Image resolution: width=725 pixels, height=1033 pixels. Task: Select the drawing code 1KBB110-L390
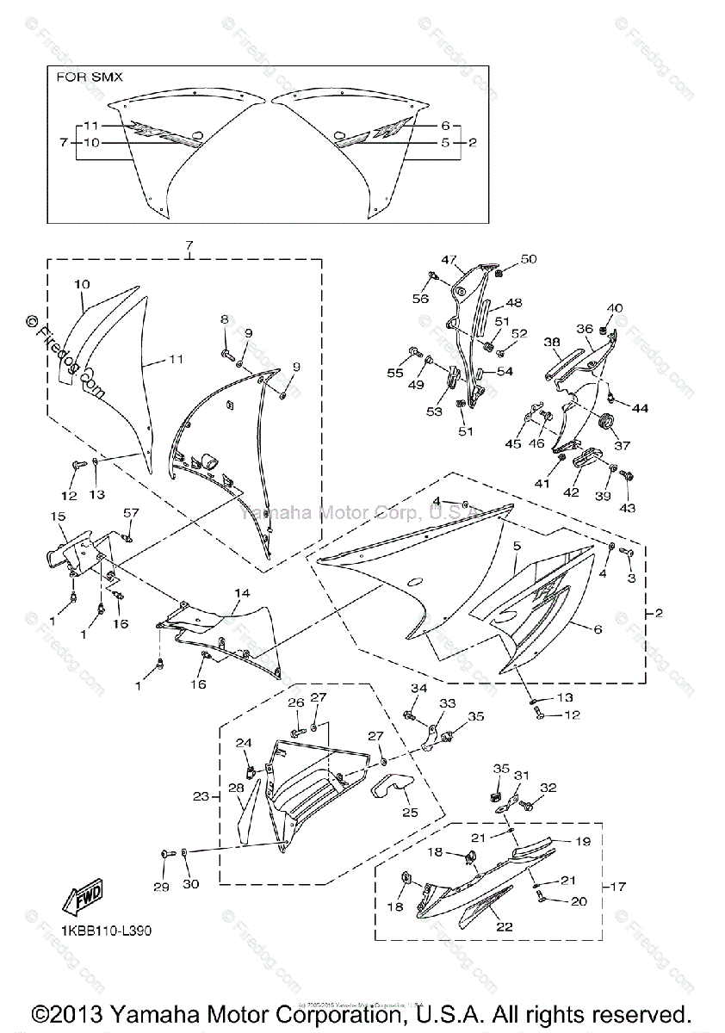pos(102,931)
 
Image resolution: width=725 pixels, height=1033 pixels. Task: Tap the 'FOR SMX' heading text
pos(90,77)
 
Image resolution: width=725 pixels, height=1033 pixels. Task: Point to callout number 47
pos(448,259)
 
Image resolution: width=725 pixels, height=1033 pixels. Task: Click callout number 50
pos(528,259)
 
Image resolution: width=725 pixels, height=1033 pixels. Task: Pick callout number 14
pos(243,594)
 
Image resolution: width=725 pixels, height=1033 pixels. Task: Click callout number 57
pos(130,513)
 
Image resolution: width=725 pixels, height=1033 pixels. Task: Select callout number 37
pos(622,446)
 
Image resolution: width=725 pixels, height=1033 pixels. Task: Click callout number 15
pos(59,516)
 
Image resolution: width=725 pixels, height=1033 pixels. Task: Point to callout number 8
pos(225,319)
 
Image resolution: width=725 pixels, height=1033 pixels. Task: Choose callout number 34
pos(418,688)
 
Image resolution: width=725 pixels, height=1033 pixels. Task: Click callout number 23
pos(201,797)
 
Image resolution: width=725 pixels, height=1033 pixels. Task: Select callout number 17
pos(619,886)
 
